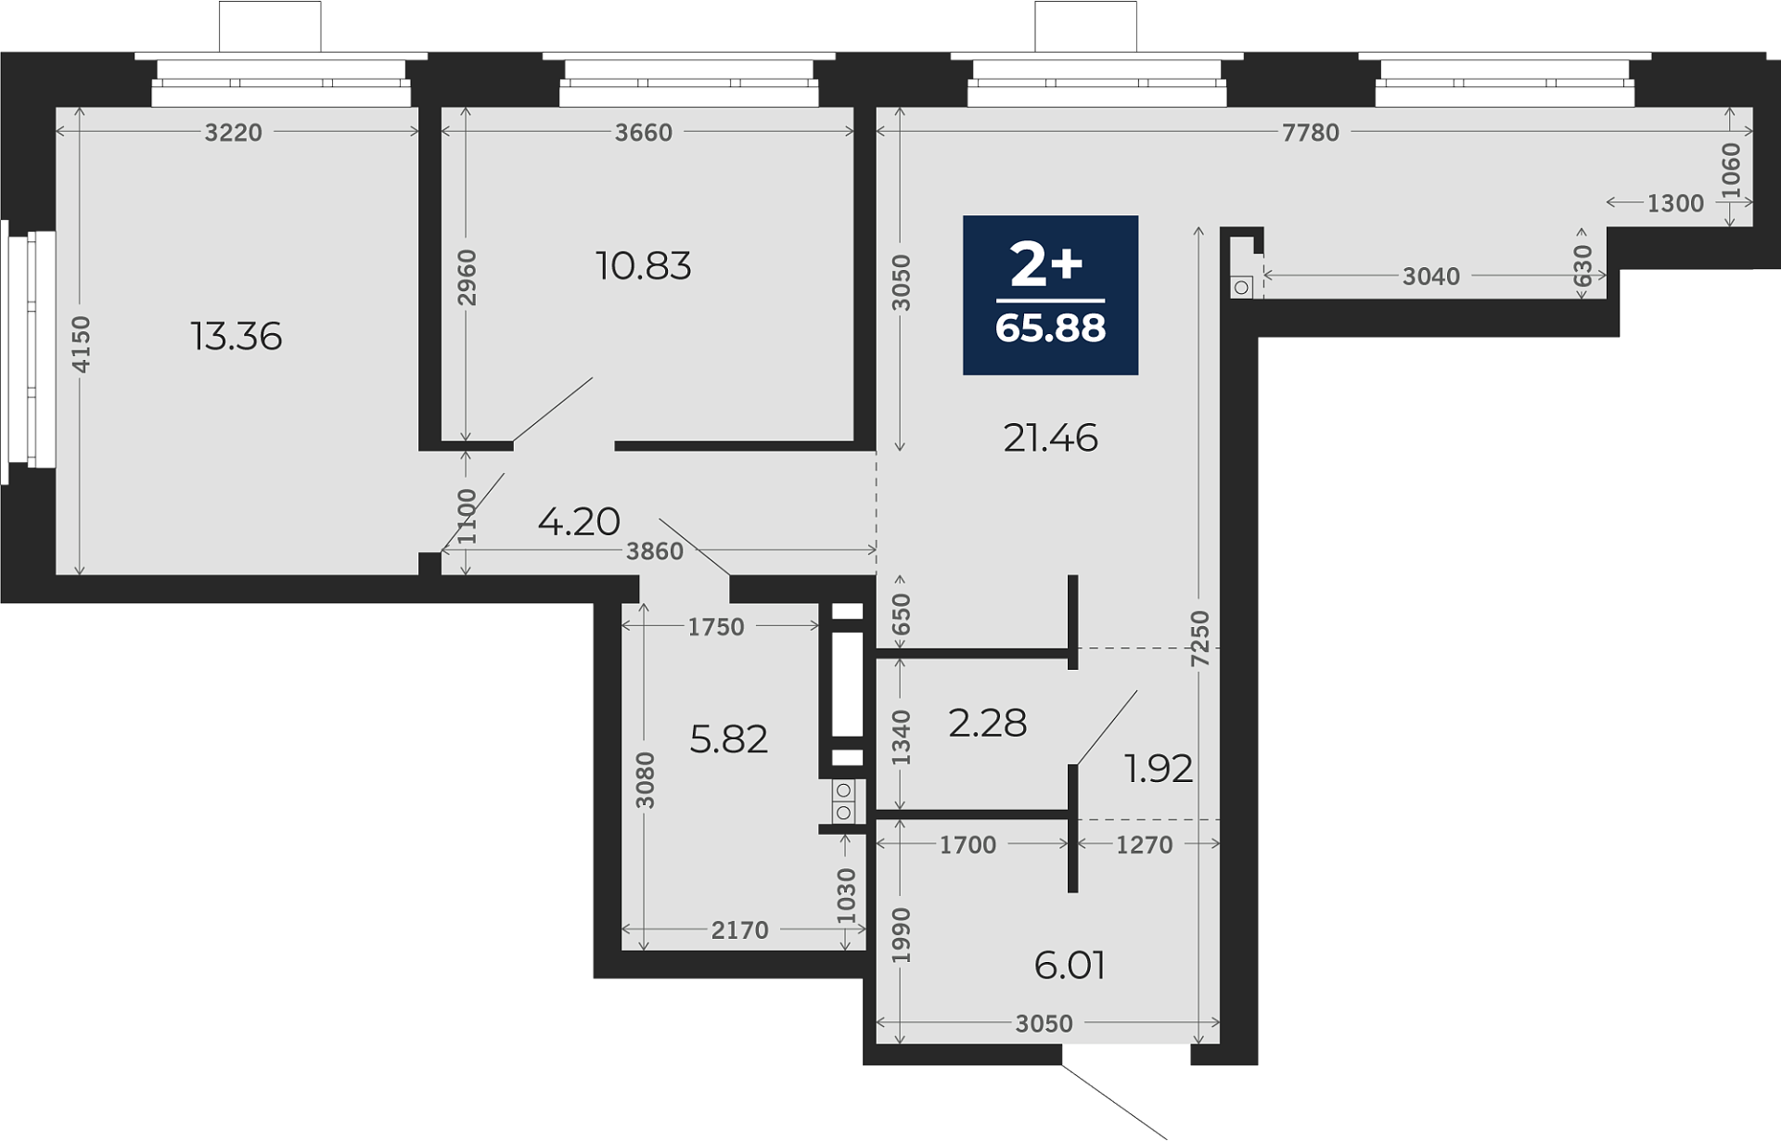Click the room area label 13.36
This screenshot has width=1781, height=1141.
[x=237, y=336]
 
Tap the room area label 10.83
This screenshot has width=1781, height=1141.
[x=643, y=266]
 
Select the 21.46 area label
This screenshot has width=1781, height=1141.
[x=1050, y=438]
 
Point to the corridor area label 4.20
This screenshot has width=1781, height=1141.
[x=579, y=521]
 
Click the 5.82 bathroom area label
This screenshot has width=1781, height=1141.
[x=729, y=739]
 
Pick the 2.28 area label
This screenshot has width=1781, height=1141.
[x=987, y=723]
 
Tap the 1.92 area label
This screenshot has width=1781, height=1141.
[x=1158, y=768]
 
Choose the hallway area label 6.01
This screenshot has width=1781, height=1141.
[x=1070, y=966]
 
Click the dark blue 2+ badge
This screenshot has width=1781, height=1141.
[x=1050, y=295]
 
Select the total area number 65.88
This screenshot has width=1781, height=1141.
[x=1050, y=328]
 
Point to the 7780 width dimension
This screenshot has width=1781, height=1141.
[x=1311, y=133]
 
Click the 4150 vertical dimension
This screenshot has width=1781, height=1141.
[x=82, y=345]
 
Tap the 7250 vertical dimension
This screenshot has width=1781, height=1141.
[x=1200, y=638]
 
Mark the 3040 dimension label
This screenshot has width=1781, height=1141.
[x=1431, y=276]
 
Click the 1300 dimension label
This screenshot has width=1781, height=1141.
[x=1675, y=203]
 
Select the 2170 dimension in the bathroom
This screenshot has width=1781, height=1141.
[x=740, y=929]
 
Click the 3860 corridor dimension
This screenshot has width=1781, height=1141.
[x=655, y=551]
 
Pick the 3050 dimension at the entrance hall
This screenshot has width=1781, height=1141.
[x=1044, y=1023]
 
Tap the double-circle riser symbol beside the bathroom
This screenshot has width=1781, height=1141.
[x=843, y=801]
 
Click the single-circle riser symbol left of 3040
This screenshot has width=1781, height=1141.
[x=1241, y=288]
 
